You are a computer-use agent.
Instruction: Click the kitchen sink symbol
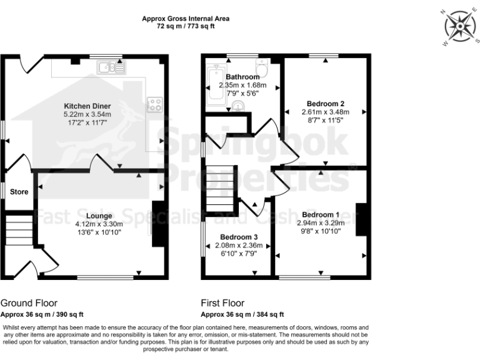(x=114, y=68)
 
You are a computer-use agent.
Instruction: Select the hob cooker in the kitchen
(x=154, y=105)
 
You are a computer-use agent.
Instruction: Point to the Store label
(x=19, y=192)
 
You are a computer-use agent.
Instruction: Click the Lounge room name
(x=99, y=216)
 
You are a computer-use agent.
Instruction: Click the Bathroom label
(x=242, y=77)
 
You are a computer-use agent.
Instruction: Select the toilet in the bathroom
(x=262, y=67)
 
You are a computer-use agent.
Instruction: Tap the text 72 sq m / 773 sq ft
(x=185, y=27)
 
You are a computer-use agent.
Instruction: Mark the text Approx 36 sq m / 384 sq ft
(x=242, y=314)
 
